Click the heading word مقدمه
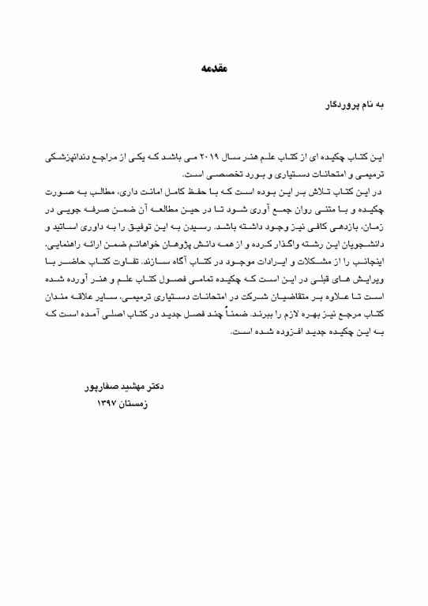(214, 70)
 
